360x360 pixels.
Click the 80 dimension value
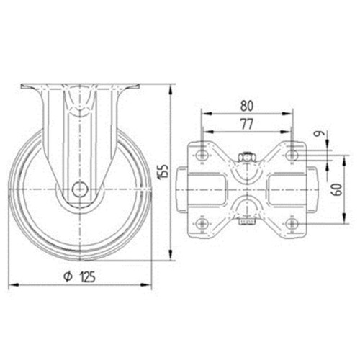247,106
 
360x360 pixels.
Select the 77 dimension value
247,124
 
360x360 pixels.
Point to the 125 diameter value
88,276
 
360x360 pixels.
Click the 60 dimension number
337,189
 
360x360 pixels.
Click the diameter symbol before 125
68,276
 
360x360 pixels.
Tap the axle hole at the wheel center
80,189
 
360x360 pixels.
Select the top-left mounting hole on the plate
202,155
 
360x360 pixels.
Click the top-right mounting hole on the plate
292,155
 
